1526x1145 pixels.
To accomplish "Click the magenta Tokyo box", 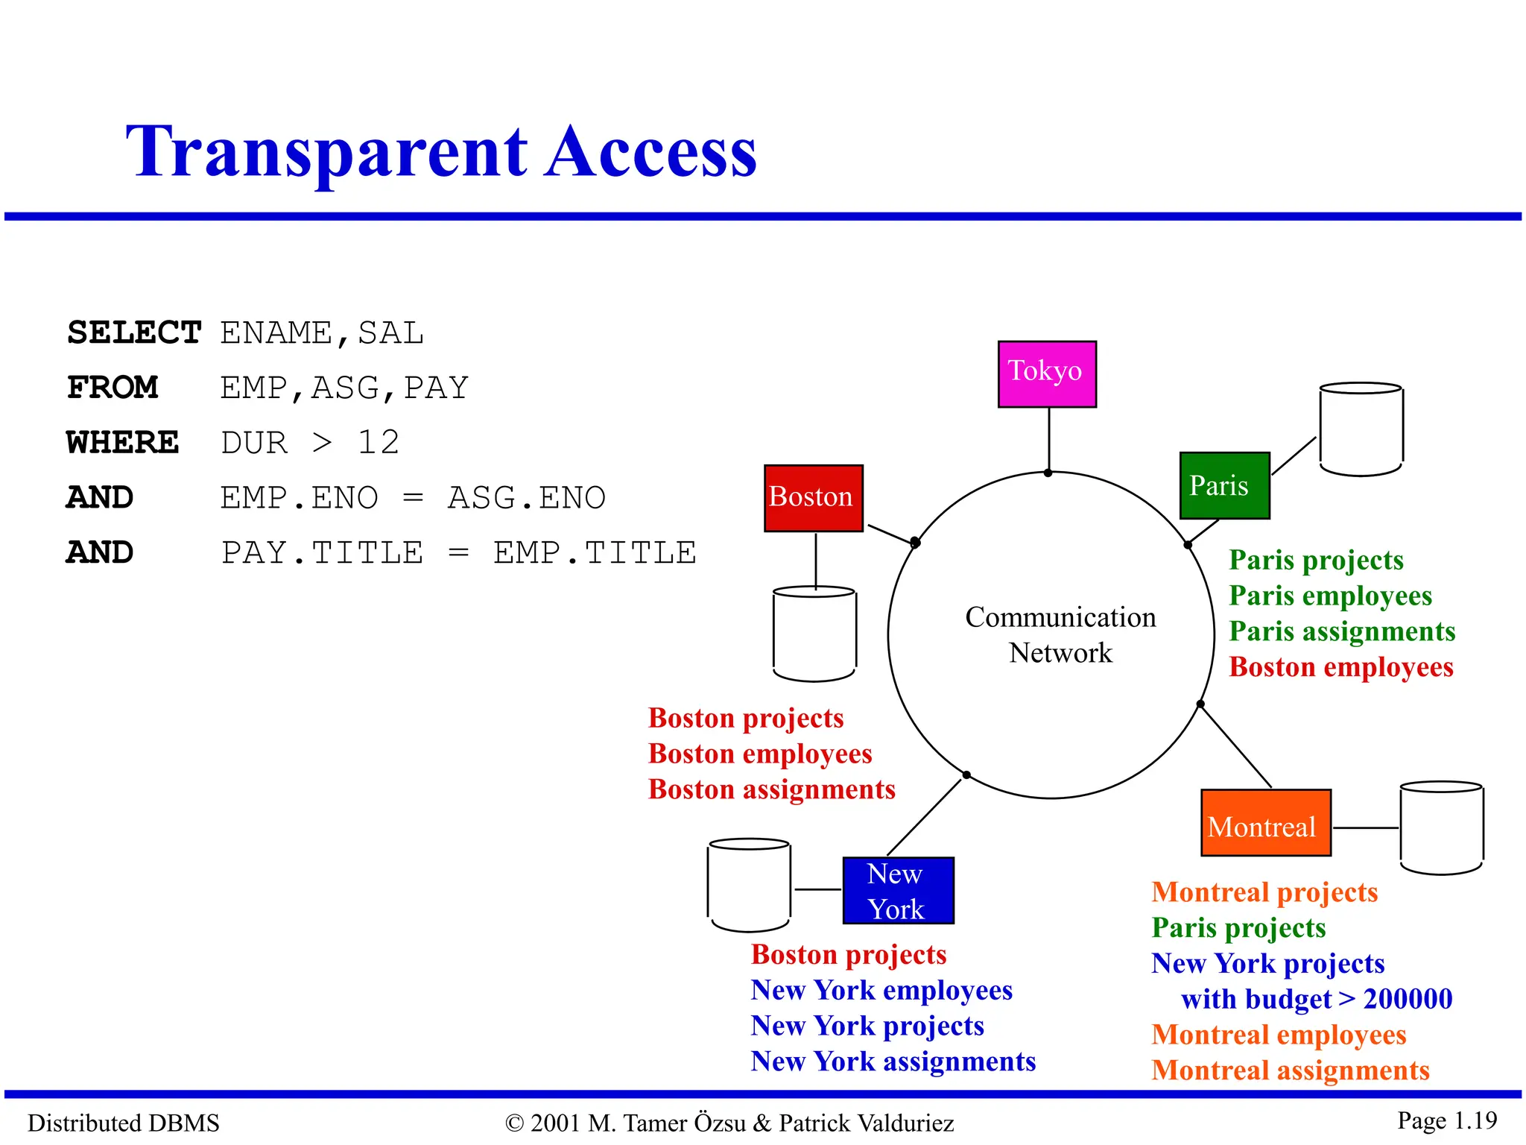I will (x=1047, y=374).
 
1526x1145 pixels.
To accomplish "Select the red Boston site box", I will (x=814, y=498).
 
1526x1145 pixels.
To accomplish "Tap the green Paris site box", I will (x=1224, y=485).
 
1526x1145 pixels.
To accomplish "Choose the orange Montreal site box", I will (x=1265, y=823).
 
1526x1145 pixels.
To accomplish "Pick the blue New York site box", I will (x=898, y=891).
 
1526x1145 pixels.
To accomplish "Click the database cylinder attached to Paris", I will (x=1361, y=430).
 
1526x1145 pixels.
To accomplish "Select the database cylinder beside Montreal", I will (x=1441, y=827).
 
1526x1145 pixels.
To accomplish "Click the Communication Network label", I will (x=1060, y=634).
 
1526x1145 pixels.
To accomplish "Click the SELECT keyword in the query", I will (x=134, y=332).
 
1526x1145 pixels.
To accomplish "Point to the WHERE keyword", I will (x=123, y=443).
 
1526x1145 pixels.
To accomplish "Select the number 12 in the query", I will (x=379, y=443).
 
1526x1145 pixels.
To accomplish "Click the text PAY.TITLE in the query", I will (x=323, y=553).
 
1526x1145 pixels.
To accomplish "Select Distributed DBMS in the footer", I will (x=124, y=1123).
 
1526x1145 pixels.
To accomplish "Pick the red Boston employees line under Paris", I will (x=1340, y=667).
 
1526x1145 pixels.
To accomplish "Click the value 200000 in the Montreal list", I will (x=1408, y=999).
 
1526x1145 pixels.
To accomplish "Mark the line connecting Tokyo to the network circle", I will (x=1049, y=440).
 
